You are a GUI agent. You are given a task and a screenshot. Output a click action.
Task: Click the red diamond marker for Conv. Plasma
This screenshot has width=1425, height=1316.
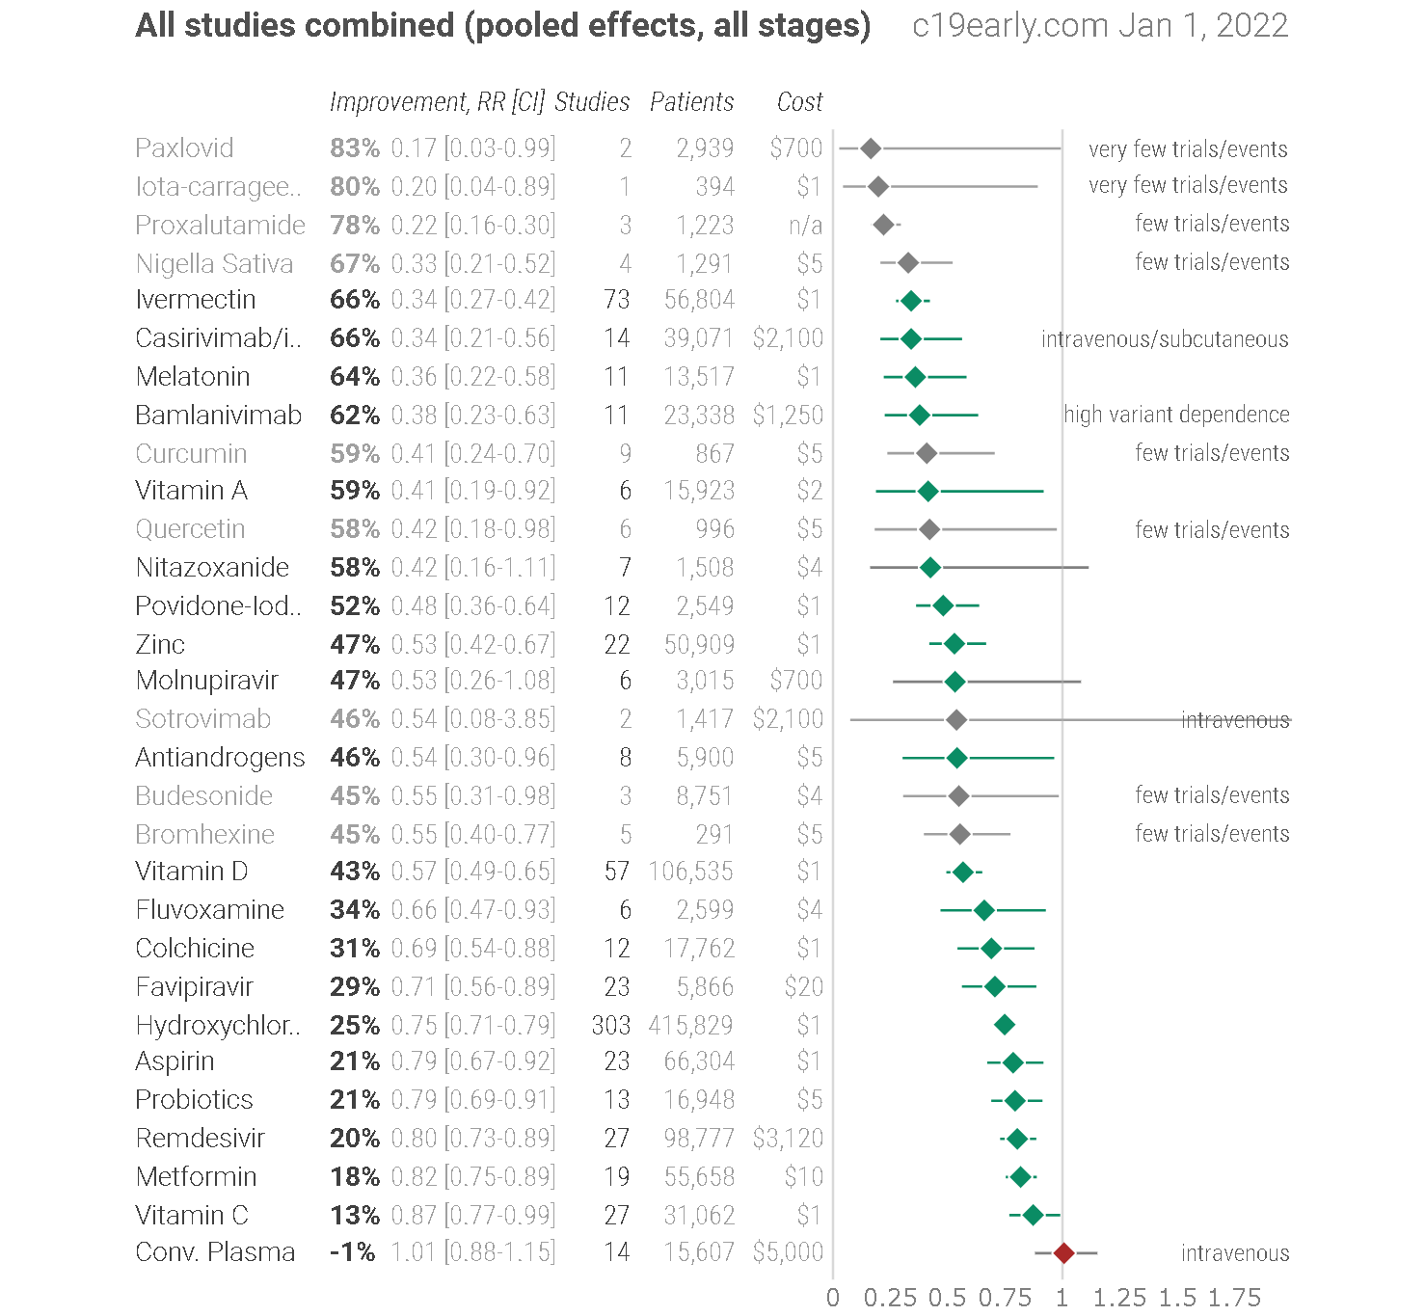coord(1063,1253)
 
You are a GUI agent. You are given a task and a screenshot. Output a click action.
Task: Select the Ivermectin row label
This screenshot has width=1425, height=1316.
coord(195,299)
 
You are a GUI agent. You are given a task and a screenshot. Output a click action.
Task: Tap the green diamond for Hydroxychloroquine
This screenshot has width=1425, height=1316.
coord(1005,1025)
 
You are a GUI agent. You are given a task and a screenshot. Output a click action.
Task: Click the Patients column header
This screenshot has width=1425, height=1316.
coord(691,102)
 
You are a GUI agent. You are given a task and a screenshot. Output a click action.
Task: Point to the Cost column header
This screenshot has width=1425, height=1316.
coord(799,102)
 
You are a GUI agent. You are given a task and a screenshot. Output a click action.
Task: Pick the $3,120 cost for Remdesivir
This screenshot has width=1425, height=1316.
coord(788,1138)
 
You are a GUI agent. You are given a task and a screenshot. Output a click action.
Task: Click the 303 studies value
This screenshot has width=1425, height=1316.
coord(610,1025)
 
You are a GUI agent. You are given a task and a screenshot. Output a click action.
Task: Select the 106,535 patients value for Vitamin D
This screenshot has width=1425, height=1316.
coord(691,872)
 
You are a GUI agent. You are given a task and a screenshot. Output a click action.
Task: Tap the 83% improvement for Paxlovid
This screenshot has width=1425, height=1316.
coord(355,148)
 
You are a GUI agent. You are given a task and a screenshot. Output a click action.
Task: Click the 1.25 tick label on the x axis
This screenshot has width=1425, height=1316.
coord(1119,1298)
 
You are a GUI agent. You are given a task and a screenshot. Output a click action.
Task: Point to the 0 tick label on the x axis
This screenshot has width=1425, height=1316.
coord(832,1298)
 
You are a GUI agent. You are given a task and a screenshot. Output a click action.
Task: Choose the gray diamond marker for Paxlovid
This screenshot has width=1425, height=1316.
coord(871,148)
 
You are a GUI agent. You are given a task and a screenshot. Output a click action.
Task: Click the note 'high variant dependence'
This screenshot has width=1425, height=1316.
coord(1176,415)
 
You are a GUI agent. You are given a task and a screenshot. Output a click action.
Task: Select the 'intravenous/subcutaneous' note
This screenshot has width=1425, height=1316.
coord(1165,338)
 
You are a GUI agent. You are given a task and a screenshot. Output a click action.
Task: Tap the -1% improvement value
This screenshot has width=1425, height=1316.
coord(352,1252)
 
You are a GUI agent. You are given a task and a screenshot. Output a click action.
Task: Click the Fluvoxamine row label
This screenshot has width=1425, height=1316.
coord(209,910)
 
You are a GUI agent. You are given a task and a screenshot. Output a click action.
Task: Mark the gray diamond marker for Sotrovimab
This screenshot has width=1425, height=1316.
coord(955,720)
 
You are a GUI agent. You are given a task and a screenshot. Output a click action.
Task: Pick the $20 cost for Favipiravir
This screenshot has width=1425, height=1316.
coord(804,986)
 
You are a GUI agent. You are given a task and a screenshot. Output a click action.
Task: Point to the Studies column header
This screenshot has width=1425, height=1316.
coord(592,102)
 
